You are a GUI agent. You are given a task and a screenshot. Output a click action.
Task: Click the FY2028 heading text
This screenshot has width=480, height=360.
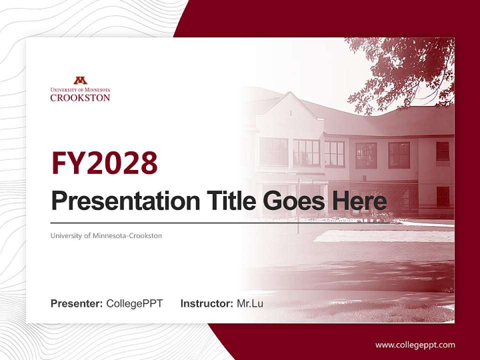click(x=104, y=163)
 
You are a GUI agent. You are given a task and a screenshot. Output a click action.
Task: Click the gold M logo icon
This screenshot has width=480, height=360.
click(x=80, y=80)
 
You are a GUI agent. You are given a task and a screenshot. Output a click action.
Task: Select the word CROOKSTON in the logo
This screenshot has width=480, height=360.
click(x=80, y=97)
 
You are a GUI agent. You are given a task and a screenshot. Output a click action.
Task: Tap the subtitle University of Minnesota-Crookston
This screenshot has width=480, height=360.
click(x=106, y=235)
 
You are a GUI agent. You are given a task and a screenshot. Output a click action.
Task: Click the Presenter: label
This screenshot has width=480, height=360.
click(x=76, y=303)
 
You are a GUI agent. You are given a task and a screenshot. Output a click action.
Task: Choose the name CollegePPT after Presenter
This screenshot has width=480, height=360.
click(x=134, y=303)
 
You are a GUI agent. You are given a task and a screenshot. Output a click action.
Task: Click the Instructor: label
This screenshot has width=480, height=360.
click(x=206, y=303)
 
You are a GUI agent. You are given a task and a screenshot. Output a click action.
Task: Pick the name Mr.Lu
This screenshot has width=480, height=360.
click(x=250, y=303)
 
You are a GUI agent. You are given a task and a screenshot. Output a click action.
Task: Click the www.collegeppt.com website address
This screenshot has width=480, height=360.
click(x=415, y=344)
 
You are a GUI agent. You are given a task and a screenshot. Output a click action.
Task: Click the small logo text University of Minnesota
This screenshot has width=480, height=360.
click(x=80, y=90)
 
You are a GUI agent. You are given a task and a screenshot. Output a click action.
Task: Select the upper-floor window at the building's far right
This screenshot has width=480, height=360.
click(x=442, y=151)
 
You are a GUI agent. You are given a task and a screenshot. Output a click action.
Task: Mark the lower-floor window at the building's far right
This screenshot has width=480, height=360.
click(x=442, y=196)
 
